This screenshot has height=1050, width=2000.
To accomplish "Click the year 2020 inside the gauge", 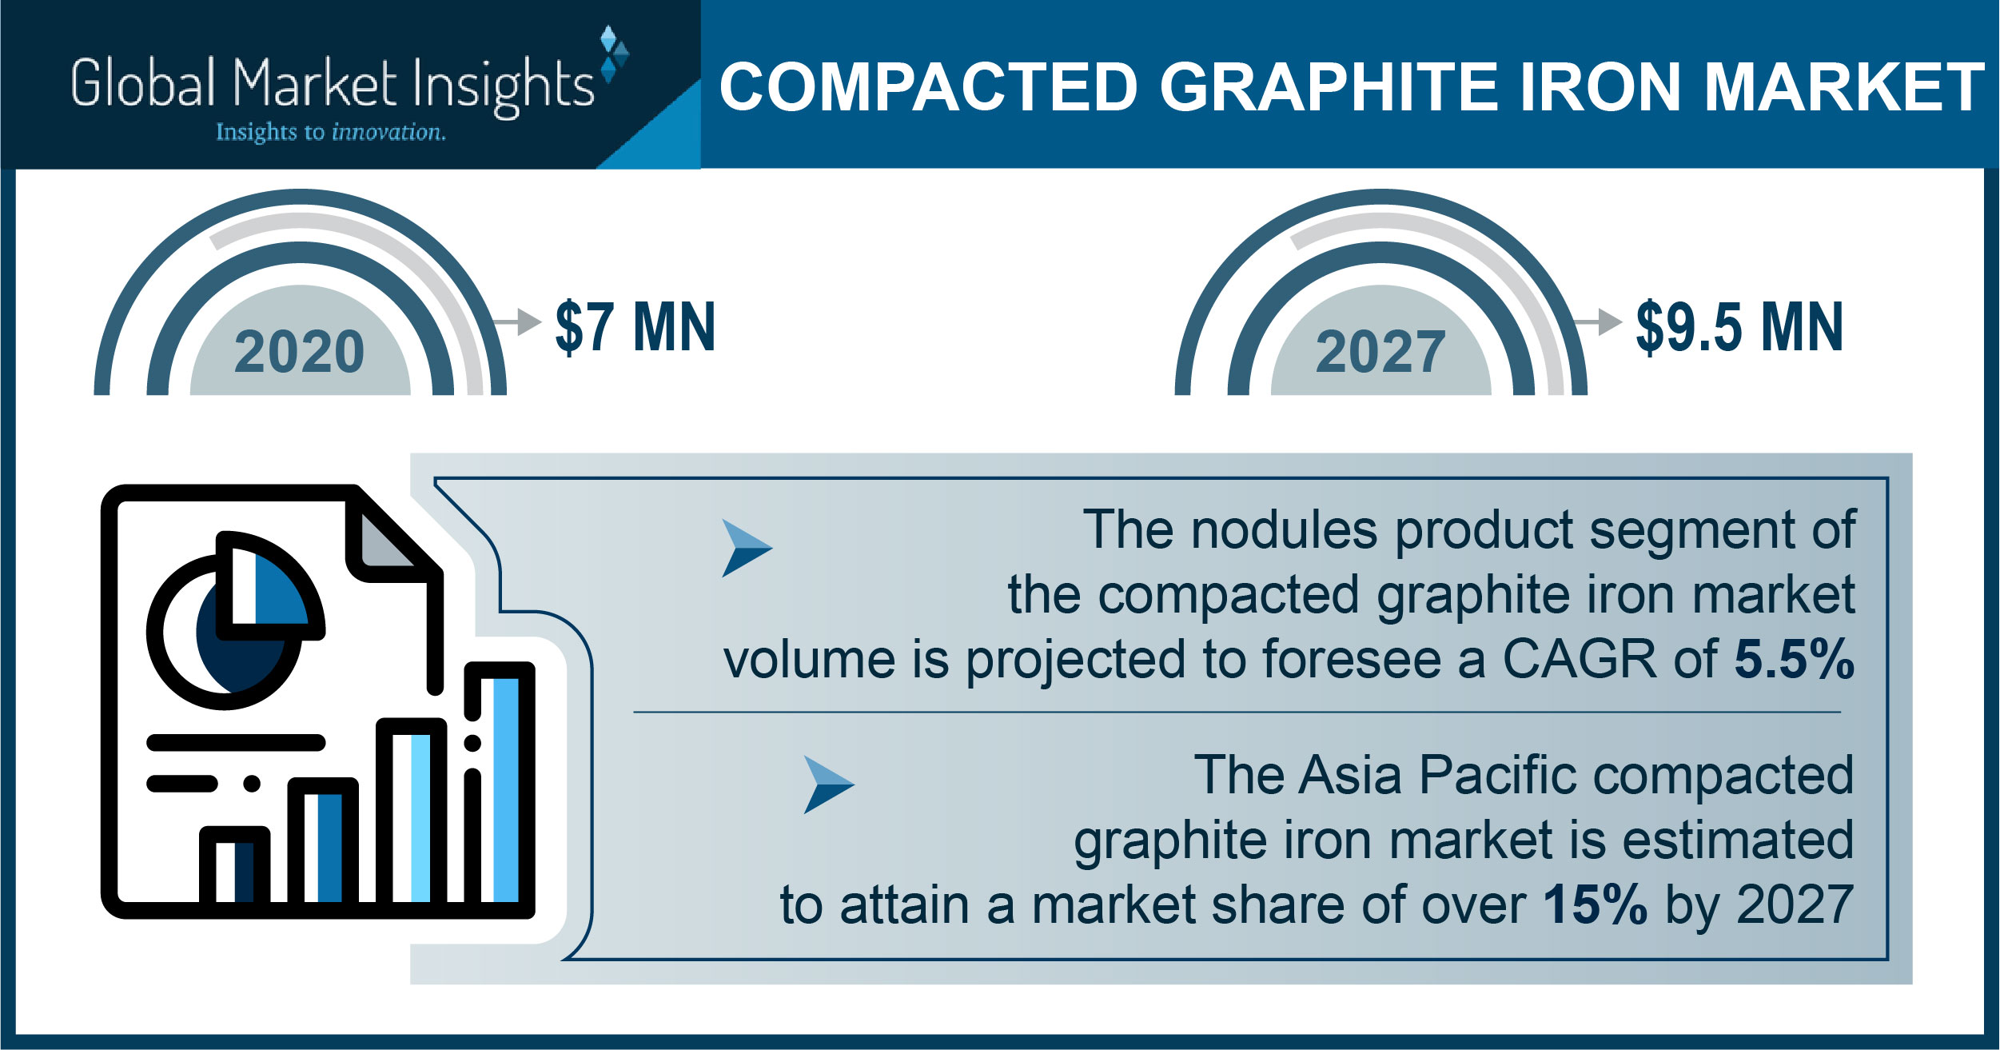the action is point(300,352).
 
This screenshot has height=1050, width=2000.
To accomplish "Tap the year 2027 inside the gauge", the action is point(1380,352).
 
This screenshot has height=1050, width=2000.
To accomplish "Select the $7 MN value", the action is point(635,326).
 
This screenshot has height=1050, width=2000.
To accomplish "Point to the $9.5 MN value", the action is point(1739,326).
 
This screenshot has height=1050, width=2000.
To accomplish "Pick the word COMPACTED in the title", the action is point(928,87).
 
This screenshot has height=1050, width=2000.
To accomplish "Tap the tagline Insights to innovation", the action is point(331,132).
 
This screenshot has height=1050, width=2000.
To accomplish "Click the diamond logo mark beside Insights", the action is point(613,54).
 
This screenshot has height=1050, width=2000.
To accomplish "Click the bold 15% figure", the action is point(1595,904).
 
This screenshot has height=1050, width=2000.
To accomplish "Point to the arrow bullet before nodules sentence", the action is point(747,548).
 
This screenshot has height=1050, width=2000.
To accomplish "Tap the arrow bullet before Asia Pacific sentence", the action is point(828,785).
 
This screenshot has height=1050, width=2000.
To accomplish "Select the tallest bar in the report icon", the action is point(500,787).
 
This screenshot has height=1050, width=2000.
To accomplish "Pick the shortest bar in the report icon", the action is point(234,869).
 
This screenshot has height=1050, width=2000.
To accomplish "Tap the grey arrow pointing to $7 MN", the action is point(517,321).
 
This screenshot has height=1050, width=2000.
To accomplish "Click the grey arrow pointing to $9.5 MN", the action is point(1597,321).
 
